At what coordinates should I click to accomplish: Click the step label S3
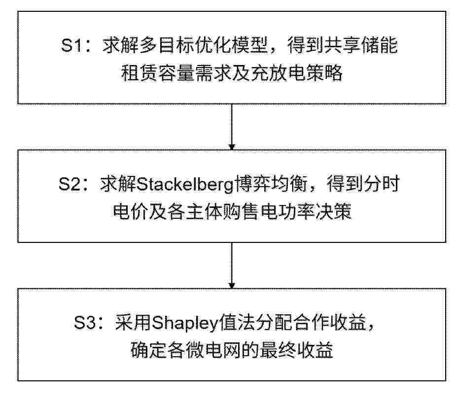point(85,323)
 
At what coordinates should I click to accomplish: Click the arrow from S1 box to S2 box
point(232,127)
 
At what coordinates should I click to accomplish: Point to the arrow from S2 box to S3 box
point(232,266)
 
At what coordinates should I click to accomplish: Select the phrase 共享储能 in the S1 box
point(361,46)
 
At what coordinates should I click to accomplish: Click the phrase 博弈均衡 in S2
point(271,184)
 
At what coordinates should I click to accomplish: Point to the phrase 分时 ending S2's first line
point(382,184)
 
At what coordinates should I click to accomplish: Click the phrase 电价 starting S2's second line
point(131,211)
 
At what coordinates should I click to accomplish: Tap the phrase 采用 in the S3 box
point(133,323)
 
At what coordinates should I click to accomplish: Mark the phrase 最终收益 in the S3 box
point(296,350)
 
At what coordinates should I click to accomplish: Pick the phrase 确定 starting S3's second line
point(148,350)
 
